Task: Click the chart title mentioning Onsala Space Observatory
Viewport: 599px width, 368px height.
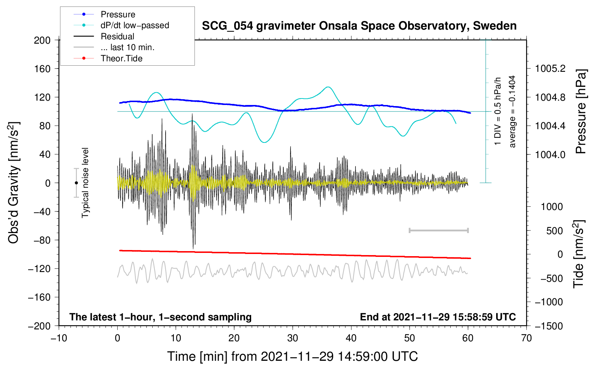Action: click(x=359, y=26)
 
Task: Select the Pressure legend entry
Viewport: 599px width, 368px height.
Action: click(x=104, y=14)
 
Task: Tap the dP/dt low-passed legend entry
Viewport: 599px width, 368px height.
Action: click(x=121, y=25)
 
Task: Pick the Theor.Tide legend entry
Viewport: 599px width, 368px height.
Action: click(x=108, y=58)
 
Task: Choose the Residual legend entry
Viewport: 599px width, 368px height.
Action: click(x=104, y=36)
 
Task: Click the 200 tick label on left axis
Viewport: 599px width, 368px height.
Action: click(x=42, y=40)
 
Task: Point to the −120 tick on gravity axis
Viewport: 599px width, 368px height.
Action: click(x=39, y=269)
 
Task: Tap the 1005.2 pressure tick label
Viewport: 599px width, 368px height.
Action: click(x=550, y=69)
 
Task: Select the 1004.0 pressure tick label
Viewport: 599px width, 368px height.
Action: click(x=550, y=154)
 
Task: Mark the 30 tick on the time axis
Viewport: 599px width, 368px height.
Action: click(x=293, y=338)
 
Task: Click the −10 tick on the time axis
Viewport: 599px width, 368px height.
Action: click(x=59, y=338)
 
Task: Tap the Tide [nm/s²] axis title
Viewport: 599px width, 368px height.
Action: click(x=579, y=254)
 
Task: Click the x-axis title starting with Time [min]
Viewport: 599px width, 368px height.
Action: click(x=292, y=356)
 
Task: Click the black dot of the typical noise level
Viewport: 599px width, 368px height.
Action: click(x=76, y=183)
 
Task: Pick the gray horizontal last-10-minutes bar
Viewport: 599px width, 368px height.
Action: click(x=439, y=230)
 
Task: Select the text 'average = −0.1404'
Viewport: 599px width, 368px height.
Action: click(x=512, y=111)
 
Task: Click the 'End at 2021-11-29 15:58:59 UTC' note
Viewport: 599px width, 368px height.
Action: click(x=438, y=317)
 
